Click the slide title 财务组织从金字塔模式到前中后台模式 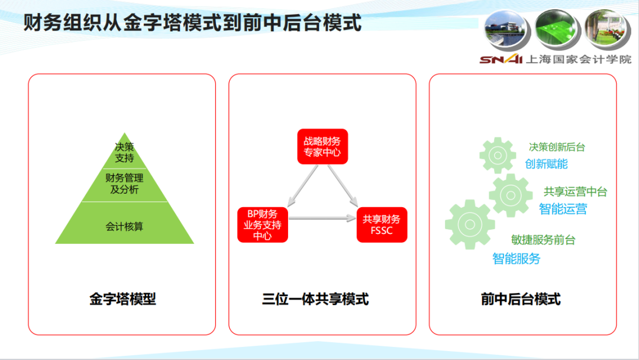click(192, 23)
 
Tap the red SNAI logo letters click(501, 60)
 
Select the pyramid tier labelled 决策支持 click(124, 152)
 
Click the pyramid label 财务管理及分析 click(124, 184)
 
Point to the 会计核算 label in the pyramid click(124, 226)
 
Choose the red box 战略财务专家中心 click(322, 147)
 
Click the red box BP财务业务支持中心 click(263, 225)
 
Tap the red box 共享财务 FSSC click(382, 225)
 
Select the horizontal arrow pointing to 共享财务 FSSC click(322, 218)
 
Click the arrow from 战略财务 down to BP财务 click(302, 186)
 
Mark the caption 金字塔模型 click(122, 299)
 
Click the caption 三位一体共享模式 click(315, 299)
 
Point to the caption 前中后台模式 click(521, 299)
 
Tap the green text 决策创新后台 click(557, 147)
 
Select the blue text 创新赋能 click(546, 164)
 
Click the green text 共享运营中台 click(576, 192)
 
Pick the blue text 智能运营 click(563, 209)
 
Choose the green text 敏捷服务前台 click(543, 240)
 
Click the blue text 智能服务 click(517, 259)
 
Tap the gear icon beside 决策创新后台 click(498, 155)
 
